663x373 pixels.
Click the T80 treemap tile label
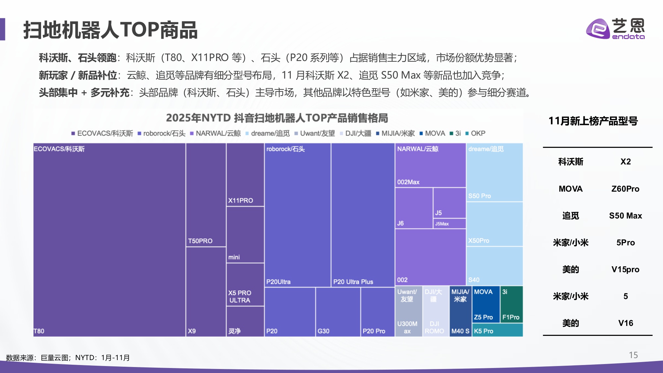coord(39,331)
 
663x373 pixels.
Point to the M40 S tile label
coord(460,331)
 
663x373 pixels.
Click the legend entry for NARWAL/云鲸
coord(218,133)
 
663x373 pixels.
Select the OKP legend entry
coord(478,133)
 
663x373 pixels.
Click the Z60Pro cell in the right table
coord(625,189)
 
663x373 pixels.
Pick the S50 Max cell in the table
coord(625,216)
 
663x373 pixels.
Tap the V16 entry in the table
coord(625,323)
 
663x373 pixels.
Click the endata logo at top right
coord(615,29)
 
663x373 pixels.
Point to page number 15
coord(633,355)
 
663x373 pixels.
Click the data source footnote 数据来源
coord(68,358)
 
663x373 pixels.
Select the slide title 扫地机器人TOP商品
coord(110,30)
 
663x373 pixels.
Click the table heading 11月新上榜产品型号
coord(593,121)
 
